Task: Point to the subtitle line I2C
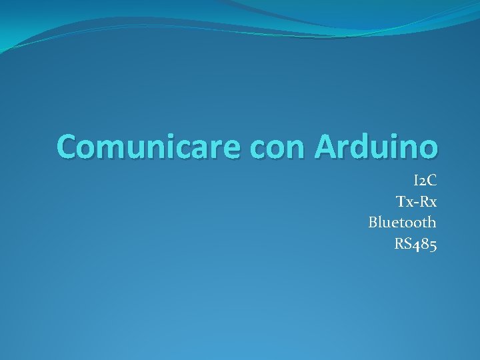425,181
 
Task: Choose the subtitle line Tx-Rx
416,201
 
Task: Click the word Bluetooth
402,222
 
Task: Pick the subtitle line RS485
415,243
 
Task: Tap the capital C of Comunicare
69,146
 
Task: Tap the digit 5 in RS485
433,245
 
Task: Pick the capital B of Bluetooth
373,222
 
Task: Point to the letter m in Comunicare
118,149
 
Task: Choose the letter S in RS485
407,243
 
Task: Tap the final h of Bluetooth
431,222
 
